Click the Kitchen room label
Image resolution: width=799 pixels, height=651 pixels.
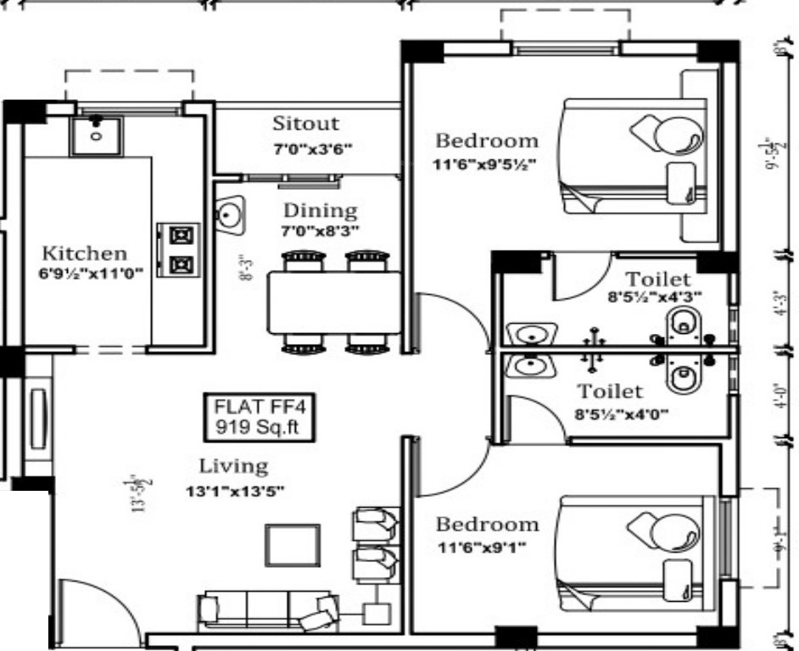tap(85, 253)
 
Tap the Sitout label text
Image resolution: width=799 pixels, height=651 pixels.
tap(305, 124)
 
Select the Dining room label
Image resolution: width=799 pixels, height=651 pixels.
tap(320, 209)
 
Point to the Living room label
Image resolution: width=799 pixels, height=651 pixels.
tap(233, 465)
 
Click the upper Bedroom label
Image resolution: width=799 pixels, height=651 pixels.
tap(486, 140)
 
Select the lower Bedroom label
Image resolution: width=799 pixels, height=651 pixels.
tap(486, 524)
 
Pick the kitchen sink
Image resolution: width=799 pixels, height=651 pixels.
tap(95, 135)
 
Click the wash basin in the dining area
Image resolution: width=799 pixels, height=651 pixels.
tap(229, 214)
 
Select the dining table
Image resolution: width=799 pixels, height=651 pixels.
tap(334, 303)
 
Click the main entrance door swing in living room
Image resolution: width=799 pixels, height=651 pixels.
tap(93, 610)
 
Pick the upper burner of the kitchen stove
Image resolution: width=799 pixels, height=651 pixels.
tap(181, 234)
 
